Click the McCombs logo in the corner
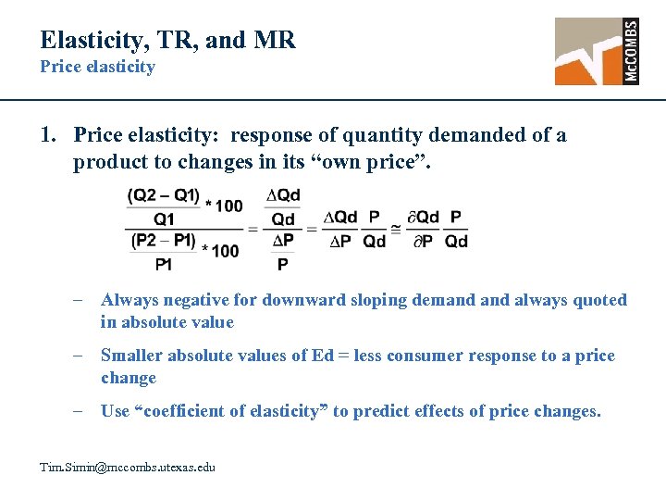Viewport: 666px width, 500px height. point(597,52)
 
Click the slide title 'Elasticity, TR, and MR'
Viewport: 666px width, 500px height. point(167,40)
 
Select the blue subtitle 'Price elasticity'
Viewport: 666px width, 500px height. point(97,67)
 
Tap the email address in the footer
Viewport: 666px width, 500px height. point(128,467)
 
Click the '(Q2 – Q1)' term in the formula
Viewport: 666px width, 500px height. point(163,195)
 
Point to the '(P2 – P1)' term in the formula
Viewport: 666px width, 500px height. point(163,241)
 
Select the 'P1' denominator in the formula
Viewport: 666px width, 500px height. point(164,264)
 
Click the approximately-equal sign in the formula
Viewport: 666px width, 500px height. point(396,228)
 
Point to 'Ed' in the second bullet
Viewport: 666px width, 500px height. point(323,356)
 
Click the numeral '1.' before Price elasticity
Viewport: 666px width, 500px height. point(50,135)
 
